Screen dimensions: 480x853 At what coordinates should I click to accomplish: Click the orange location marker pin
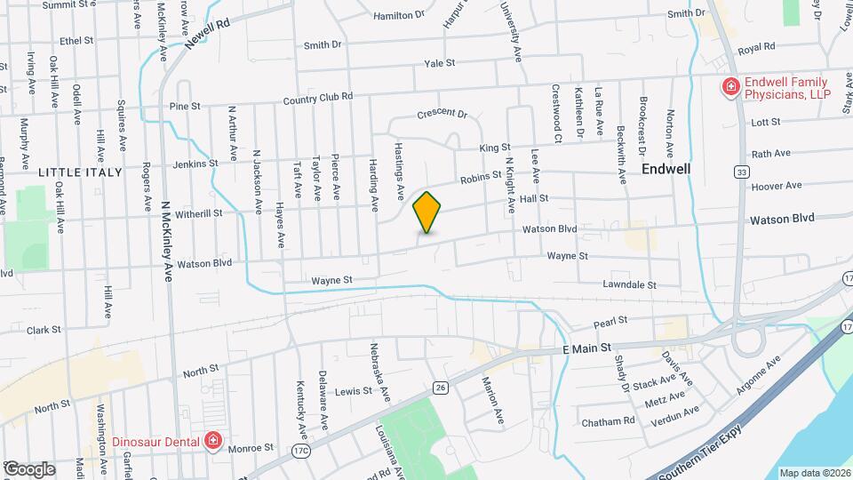click(427, 212)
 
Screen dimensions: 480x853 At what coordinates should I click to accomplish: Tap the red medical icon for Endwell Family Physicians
click(729, 86)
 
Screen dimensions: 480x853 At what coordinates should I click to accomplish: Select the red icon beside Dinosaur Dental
click(212, 440)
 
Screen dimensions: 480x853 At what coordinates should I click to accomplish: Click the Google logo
click(28, 469)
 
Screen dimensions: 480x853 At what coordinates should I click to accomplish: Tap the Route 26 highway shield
click(440, 387)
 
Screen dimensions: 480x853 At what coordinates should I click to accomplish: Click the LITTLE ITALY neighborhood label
click(73, 171)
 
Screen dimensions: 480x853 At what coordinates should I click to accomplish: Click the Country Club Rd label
click(318, 98)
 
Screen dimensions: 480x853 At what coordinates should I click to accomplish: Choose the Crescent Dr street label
click(442, 114)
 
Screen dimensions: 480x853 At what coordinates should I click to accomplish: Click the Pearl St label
click(610, 320)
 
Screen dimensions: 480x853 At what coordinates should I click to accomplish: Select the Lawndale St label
click(628, 285)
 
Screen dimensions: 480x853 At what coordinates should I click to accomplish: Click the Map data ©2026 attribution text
click(814, 473)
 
